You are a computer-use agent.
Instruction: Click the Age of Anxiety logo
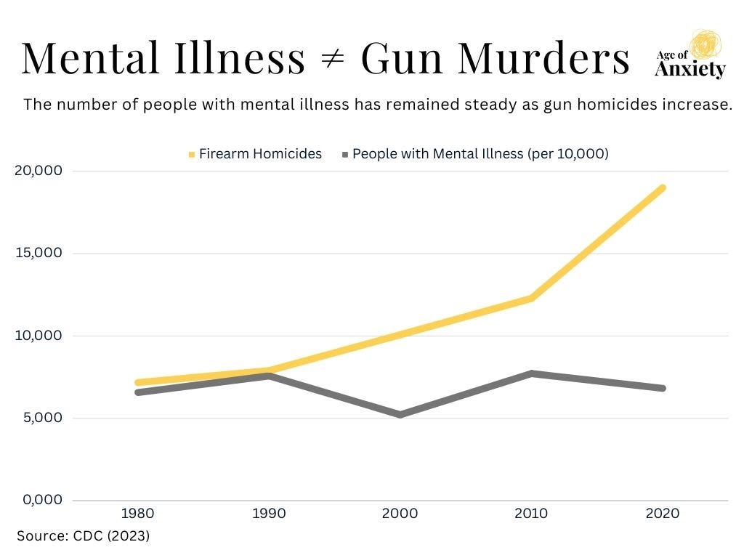(x=690, y=55)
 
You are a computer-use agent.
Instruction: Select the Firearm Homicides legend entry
(x=255, y=154)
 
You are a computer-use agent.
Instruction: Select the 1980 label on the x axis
(x=137, y=514)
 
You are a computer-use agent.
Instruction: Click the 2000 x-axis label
(x=400, y=514)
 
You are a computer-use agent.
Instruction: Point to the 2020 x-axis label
(x=662, y=514)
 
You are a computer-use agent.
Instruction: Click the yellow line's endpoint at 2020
(x=662, y=188)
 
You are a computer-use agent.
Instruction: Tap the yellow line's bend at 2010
(x=531, y=298)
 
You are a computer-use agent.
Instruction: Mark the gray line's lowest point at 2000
(x=400, y=414)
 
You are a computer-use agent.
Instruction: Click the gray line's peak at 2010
(x=531, y=373)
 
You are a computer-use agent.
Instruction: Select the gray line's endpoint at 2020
(x=662, y=388)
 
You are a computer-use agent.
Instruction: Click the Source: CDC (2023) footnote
(x=83, y=536)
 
